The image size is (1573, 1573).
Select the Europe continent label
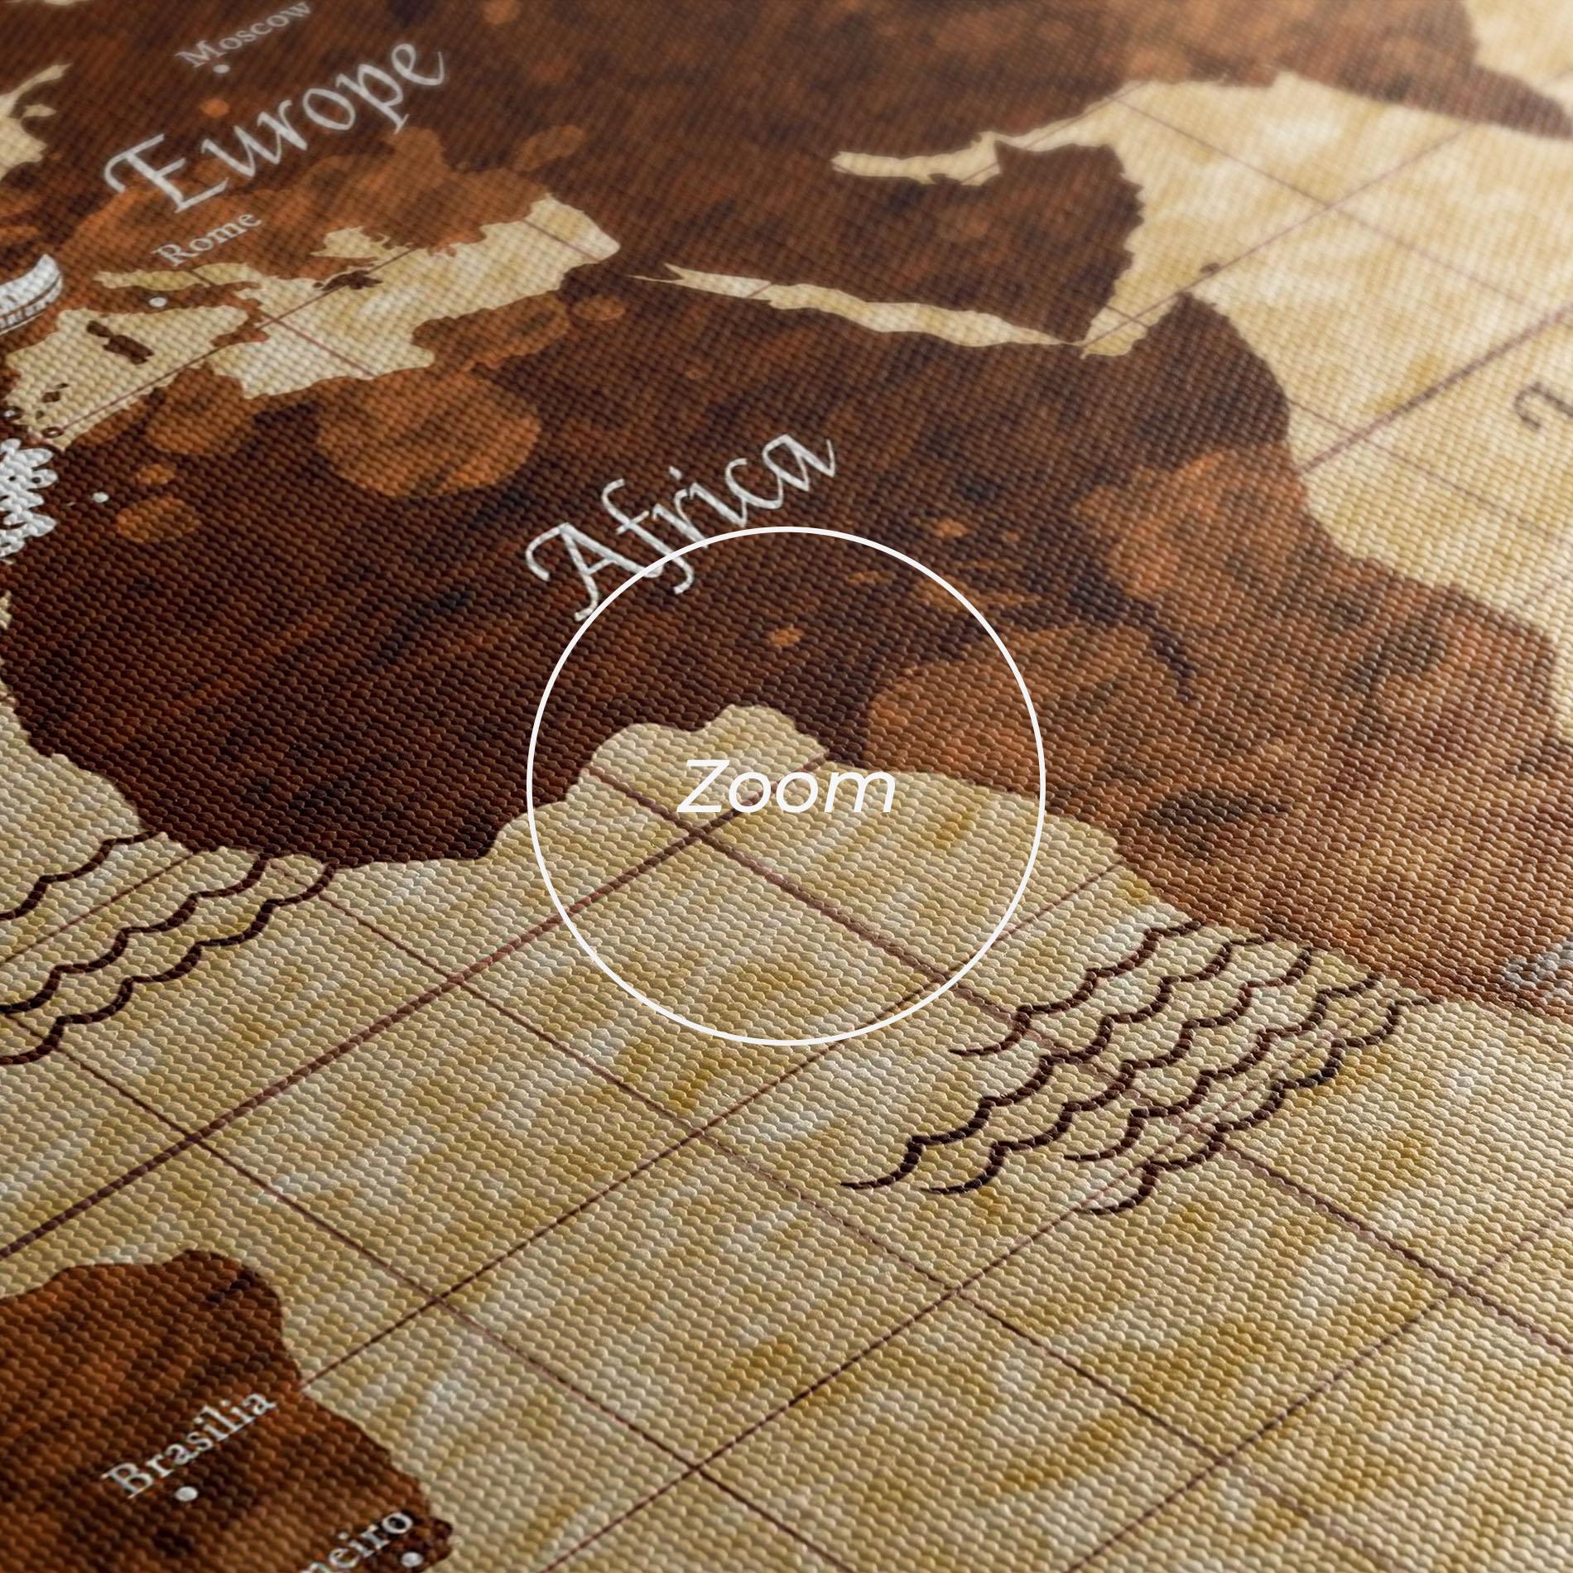(273, 132)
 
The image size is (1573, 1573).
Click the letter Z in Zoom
(705, 790)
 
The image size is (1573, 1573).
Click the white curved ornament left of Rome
(33, 290)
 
